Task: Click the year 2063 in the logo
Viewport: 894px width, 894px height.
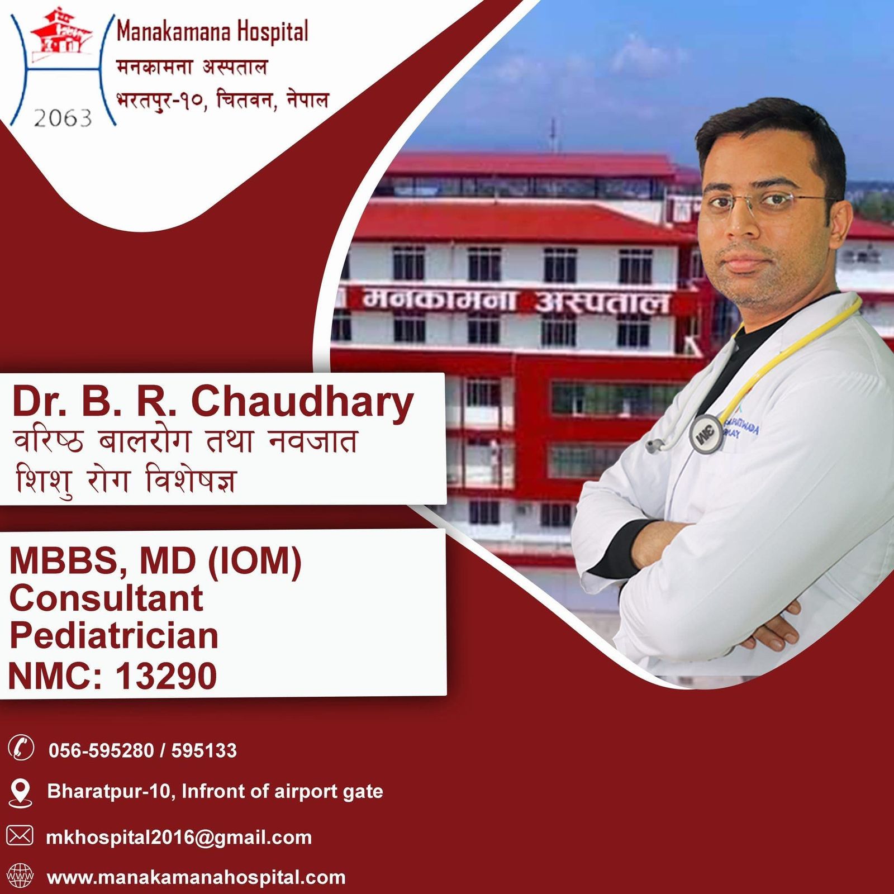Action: coord(63,118)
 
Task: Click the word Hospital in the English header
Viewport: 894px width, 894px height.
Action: coord(272,32)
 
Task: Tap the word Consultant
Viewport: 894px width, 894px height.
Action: coord(106,598)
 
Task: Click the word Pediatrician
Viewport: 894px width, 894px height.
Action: coord(114,636)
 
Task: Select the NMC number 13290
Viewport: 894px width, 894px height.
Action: coord(166,676)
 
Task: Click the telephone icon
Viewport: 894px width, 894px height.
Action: coord(21,748)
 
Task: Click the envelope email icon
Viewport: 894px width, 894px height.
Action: coord(20,835)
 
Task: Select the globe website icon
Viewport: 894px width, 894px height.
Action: coord(20,876)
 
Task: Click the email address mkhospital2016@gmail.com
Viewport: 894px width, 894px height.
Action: coord(179,837)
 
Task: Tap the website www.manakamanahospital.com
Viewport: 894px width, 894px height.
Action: coord(196,877)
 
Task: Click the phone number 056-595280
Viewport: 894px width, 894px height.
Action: coord(101,750)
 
